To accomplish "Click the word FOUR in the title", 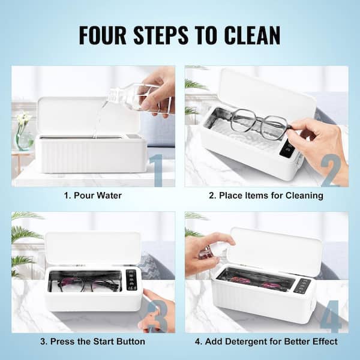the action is [103, 35].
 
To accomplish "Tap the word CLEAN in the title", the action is [253, 35].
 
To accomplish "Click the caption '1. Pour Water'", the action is [93, 196].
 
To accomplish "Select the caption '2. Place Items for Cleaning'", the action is [266, 196].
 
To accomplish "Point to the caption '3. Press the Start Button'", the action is [93, 341].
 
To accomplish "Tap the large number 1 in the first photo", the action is [157, 170].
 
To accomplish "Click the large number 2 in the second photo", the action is [331, 170].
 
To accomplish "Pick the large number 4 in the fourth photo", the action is [331, 316].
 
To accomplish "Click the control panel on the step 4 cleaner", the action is [302, 286].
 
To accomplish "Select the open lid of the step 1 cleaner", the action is [88, 116].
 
